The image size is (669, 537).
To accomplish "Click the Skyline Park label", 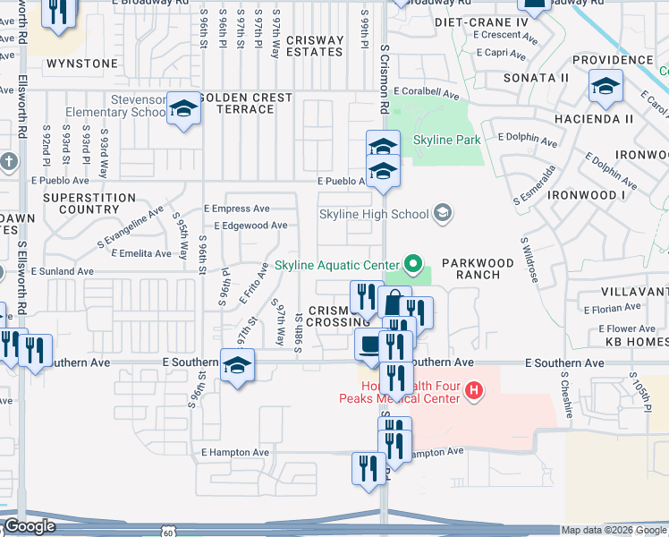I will coord(446,140).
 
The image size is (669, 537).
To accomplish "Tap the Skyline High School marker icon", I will coord(442,214).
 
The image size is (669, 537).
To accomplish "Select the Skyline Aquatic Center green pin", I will coord(412,264).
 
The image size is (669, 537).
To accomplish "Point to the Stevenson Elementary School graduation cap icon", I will coord(183,109).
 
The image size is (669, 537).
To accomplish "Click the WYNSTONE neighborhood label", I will coord(81,64).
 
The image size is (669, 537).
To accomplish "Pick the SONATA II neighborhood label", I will coord(536,78).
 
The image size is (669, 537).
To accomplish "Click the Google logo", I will coord(30,526).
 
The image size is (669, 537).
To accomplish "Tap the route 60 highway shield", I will coord(169,531).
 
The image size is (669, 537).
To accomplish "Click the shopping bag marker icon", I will coord(394,303).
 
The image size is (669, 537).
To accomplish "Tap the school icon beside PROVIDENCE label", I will coord(605,87).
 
